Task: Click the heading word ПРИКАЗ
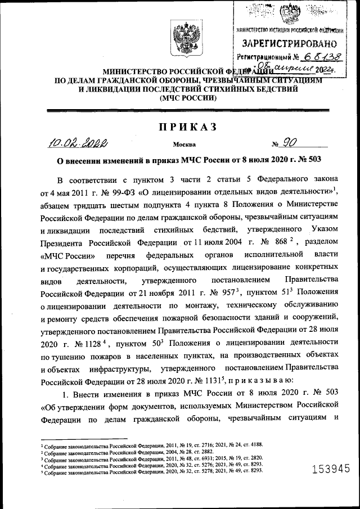click(x=181, y=127)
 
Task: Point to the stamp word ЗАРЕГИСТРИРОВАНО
click(x=290, y=43)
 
